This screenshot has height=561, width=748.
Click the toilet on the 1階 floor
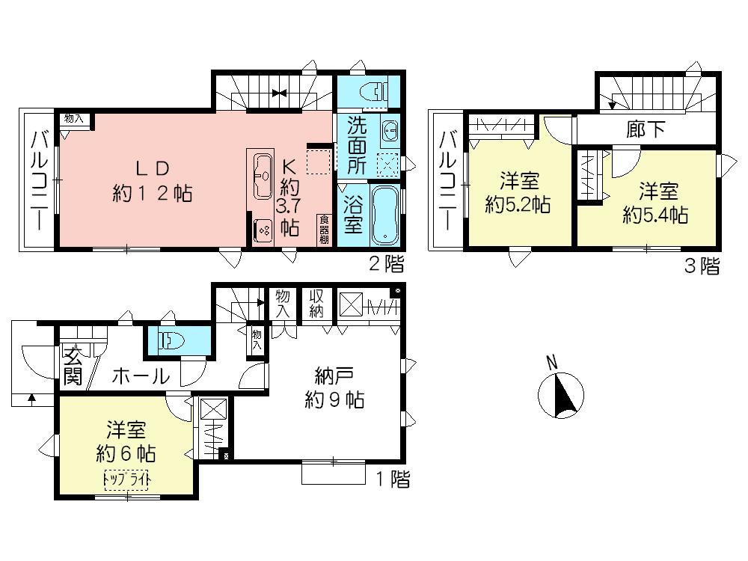click(171, 342)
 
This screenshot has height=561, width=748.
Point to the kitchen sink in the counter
click(263, 174)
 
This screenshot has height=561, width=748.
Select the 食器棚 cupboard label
click(325, 229)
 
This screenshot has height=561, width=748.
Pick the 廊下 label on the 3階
click(645, 129)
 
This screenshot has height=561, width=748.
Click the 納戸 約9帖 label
click(334, 388)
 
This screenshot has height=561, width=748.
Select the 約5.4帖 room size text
click(656, 215)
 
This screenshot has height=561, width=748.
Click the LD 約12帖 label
click(153, 181)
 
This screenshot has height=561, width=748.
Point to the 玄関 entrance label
click(72, 367)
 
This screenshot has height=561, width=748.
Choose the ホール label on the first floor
click(140, 376)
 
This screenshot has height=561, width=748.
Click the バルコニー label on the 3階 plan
click(448, 180)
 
